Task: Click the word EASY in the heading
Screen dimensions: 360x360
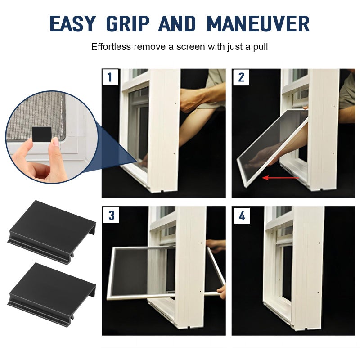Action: pos(72,24)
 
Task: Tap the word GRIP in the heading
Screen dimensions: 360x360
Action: pos(128,24)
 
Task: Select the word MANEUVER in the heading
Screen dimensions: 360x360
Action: pos(258,24)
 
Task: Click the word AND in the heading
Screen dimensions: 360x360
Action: pos(177,24)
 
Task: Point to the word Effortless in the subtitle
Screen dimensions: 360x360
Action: pos(111,47)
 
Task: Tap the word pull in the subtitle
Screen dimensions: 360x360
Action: pos(261,47)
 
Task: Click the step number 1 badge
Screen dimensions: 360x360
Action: pos(110,77)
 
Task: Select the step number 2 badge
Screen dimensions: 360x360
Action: pos(241,77)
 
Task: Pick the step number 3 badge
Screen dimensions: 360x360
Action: pos(111,216)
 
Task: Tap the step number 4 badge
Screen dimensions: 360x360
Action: pos(242,216)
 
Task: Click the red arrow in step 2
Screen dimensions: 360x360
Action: pos(280,177)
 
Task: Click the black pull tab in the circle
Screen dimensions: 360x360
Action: pos(42,135)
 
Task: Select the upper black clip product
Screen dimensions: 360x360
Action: pos(51,232)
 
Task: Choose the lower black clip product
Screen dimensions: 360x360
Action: pos(51,294)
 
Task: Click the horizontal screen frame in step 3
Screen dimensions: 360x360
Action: pos(166,273)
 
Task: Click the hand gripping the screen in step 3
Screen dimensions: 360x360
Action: pos(221,291)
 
